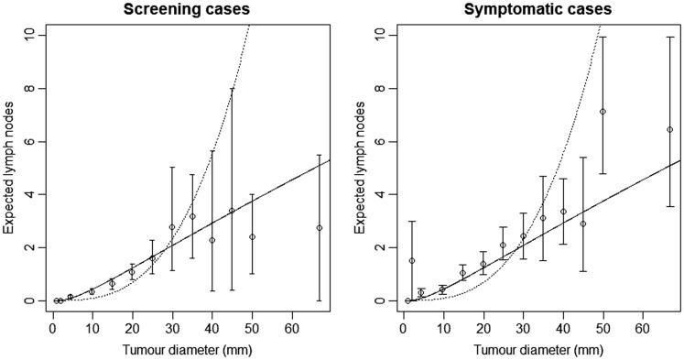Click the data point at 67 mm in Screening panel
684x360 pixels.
[x=320, y=228]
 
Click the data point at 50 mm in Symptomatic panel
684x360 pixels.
[x=603, y=112]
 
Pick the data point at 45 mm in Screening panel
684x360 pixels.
[x=232, y=211]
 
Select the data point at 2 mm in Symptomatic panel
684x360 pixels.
[x=412, y=260]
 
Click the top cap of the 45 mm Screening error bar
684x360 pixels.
[x=232, y=89]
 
